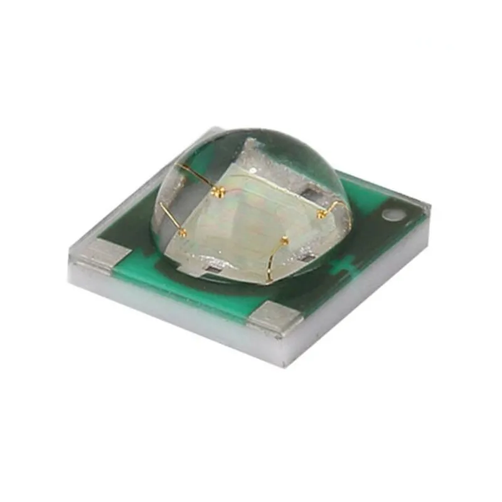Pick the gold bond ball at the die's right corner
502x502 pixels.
click(321, 215)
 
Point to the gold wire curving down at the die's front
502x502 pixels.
click(272, 264)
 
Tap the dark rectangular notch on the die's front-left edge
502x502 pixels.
click(211, 269)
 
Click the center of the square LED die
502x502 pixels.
click(251, 213)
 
